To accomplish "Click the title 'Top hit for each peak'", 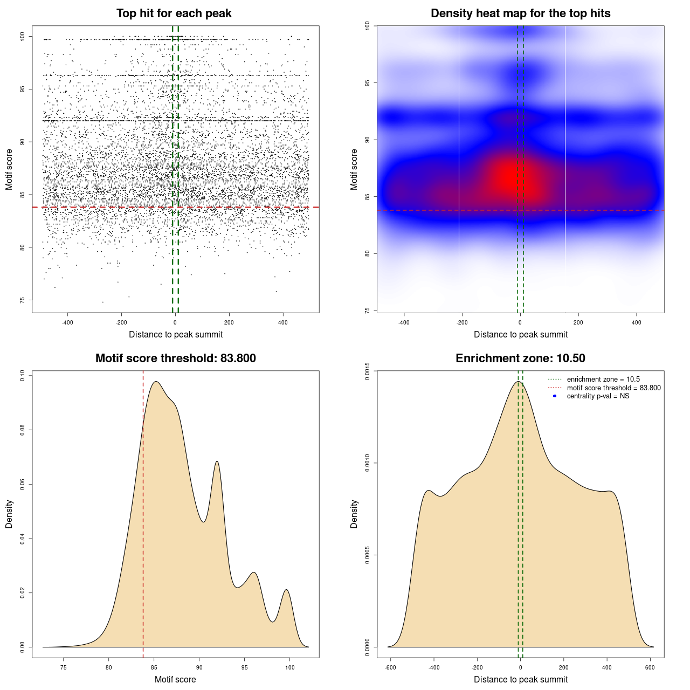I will (174, 13).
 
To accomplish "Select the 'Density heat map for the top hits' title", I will (520, 13).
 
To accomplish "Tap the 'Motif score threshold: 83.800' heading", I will (175, 358).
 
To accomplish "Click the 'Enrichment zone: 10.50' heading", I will (520, 358).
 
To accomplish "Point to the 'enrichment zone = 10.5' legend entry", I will (603, 379).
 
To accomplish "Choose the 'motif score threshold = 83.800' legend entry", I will (613, 388).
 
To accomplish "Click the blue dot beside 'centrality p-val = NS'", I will (555, 396).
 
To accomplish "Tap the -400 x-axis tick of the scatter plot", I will (67, 322).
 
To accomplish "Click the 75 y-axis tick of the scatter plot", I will (22, 300).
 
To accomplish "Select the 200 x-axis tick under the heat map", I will (578, 322).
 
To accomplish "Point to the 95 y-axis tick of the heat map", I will (367, 82).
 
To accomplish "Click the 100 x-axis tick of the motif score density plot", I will (290, 667).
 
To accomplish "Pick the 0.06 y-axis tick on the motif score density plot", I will (22, 484).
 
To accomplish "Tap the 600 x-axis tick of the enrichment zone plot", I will (650, 667).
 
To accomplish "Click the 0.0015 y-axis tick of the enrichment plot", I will (367, 371).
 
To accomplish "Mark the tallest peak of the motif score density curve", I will (156, 382).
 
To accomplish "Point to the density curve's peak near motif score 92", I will (217, 461).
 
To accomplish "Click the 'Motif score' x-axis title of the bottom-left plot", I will (175, 679).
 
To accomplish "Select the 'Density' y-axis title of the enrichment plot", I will (354, 514).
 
